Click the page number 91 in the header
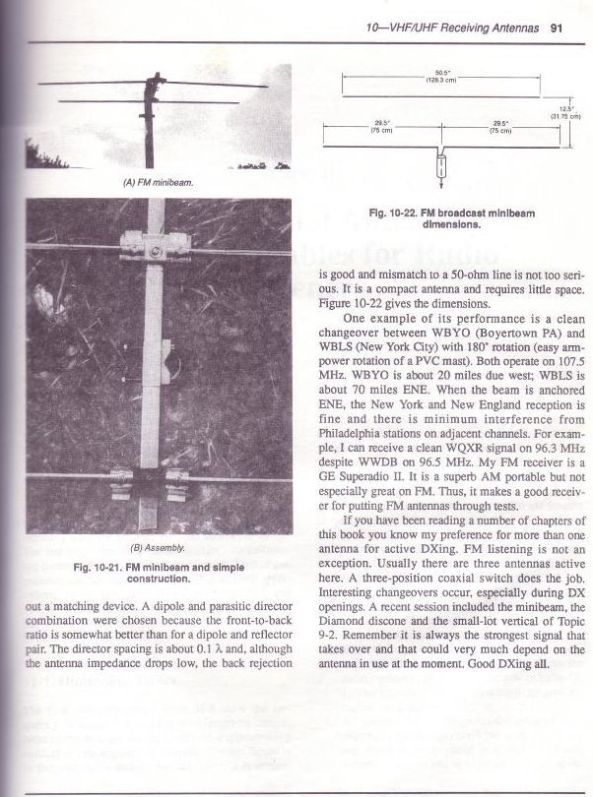coord(557,28)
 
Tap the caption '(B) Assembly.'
coord(151,547)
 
